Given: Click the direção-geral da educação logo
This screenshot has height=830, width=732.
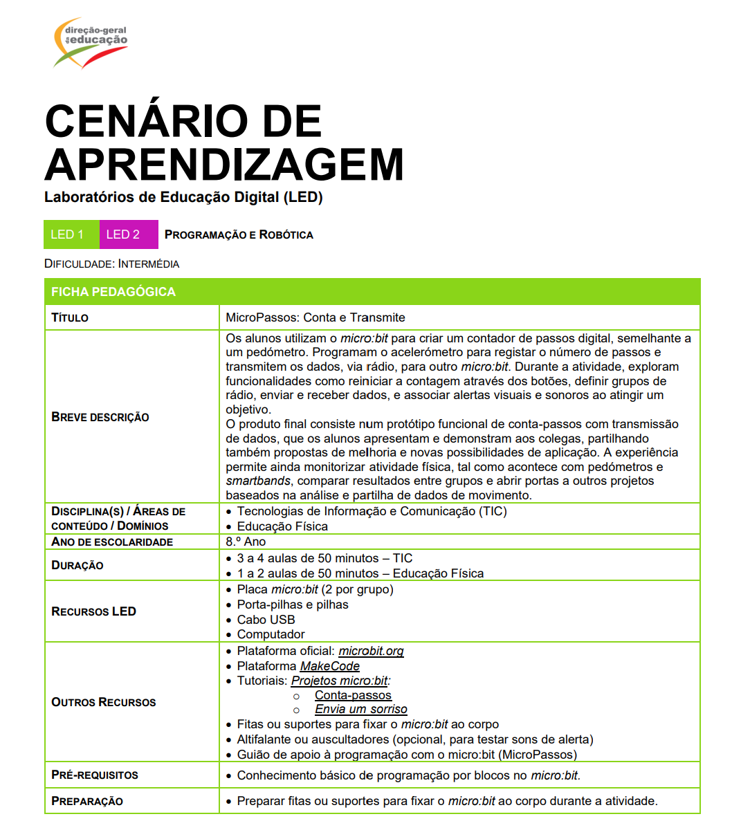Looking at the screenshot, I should coord(90,43).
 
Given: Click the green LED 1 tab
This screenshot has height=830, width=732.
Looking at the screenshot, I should coord(71,234).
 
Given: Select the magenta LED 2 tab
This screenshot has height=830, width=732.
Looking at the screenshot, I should coord(128,234).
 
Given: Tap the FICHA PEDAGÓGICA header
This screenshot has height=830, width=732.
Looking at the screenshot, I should coord(113,292).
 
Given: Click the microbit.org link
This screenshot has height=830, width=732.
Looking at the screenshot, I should coord(371,651).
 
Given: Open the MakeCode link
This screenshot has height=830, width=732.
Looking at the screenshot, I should coord(329,666).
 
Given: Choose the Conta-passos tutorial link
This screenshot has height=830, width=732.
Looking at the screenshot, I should coord(353,695).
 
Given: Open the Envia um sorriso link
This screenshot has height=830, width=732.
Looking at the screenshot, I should coord(360,710).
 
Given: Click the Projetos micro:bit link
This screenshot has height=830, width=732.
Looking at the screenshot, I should coord(340,681).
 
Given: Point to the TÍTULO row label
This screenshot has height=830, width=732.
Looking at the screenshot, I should coord(70,317).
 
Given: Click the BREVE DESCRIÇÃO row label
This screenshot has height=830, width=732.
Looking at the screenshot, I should coord(100,417).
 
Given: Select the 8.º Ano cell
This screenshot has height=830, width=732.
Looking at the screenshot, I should coord(246,542).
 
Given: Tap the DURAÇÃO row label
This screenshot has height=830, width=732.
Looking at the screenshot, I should coord(77,565).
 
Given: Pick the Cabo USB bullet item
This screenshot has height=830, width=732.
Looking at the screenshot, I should coord(266,620).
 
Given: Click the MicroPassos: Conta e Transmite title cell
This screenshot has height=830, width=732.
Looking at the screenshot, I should coord(315,317).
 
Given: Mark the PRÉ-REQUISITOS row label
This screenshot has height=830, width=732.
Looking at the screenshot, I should coord(95,775).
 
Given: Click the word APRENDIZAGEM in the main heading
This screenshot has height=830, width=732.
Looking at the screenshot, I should coord(223,165).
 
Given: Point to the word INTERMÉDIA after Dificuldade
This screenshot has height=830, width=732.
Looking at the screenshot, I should coord(149,264).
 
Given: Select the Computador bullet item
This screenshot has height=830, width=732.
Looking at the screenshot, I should coord(271,634).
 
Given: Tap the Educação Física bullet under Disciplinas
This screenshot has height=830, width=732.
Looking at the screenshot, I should coord(282,526).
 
